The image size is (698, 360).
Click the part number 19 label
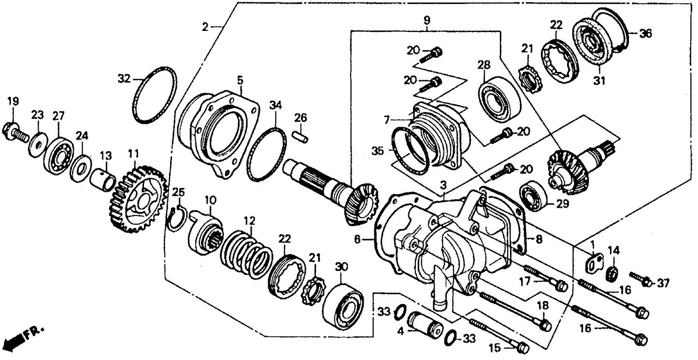point(13,101)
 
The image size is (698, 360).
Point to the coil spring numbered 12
point(245,252)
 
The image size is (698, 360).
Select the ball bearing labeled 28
point(499,96)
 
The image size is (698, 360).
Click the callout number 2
point(205,28)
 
